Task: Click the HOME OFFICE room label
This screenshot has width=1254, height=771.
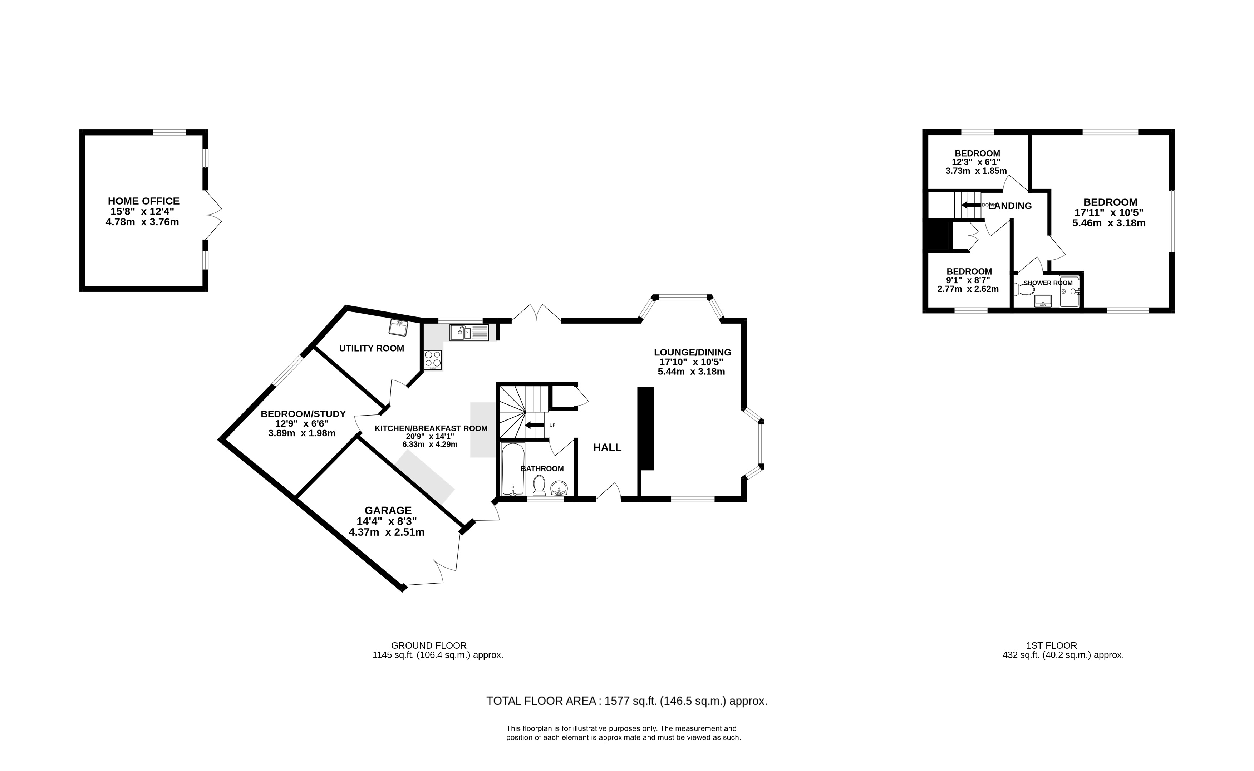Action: (x=143, y=201)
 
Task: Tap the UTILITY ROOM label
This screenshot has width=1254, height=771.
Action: (x=372, y=348)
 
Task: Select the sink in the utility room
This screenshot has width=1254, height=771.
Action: (x=398, y=327)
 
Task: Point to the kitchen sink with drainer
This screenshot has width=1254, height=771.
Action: (x=469, y=333)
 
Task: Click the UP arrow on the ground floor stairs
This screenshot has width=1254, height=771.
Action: (x=534, y=425)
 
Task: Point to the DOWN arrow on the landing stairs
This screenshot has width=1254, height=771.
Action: (x=971, y=205)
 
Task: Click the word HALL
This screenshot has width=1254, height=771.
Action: (x=607, y=448)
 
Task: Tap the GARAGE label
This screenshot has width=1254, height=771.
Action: (x=388, y=510)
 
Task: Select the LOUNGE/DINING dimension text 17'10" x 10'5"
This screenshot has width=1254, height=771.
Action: (x=691, y=362)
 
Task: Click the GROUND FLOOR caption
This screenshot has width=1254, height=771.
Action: (x=429, y=645)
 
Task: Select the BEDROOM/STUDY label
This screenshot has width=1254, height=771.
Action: (x=303, y=414)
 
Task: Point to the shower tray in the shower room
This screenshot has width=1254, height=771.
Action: (x=1069, y=292)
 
